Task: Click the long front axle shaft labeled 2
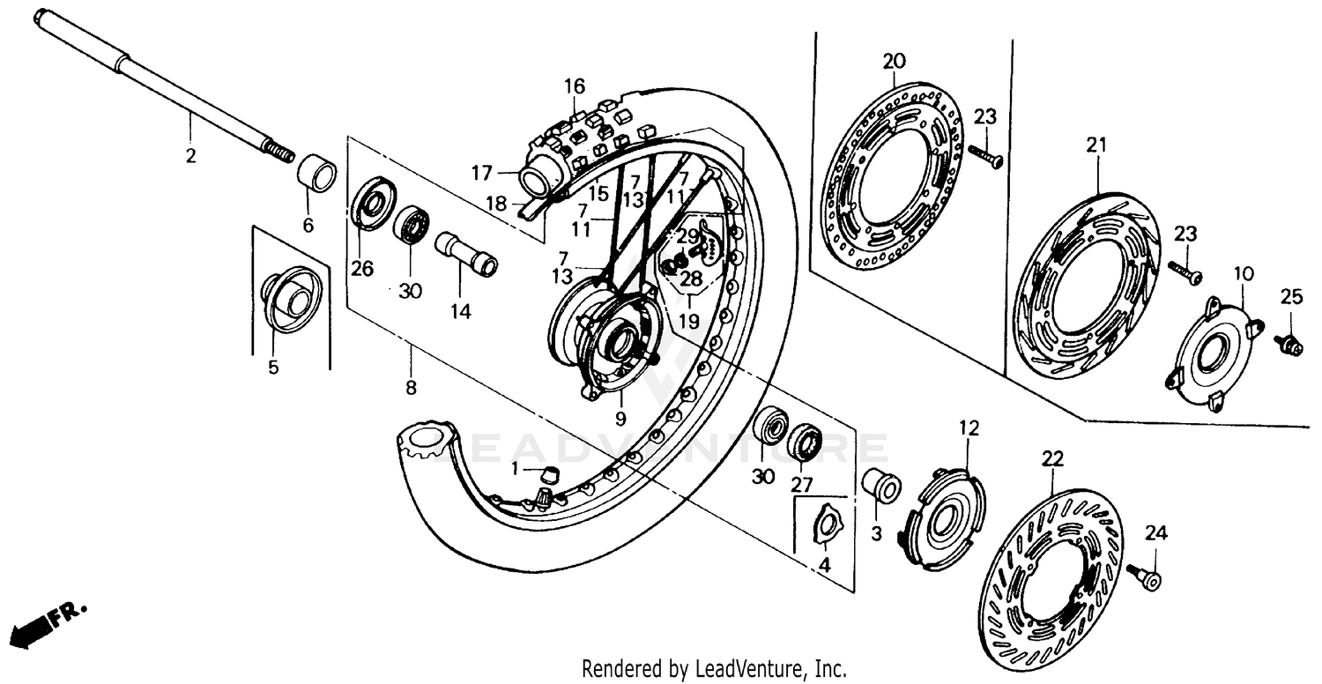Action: point(159,88)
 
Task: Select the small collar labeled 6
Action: point(316,173)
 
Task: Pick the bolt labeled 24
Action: point(1146,577)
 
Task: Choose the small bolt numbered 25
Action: point(1289,345)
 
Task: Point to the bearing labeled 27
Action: point(804,440)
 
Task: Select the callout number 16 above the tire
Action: point(574,86)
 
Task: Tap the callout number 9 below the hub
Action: point(620,420)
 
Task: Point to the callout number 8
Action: point(411,387)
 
